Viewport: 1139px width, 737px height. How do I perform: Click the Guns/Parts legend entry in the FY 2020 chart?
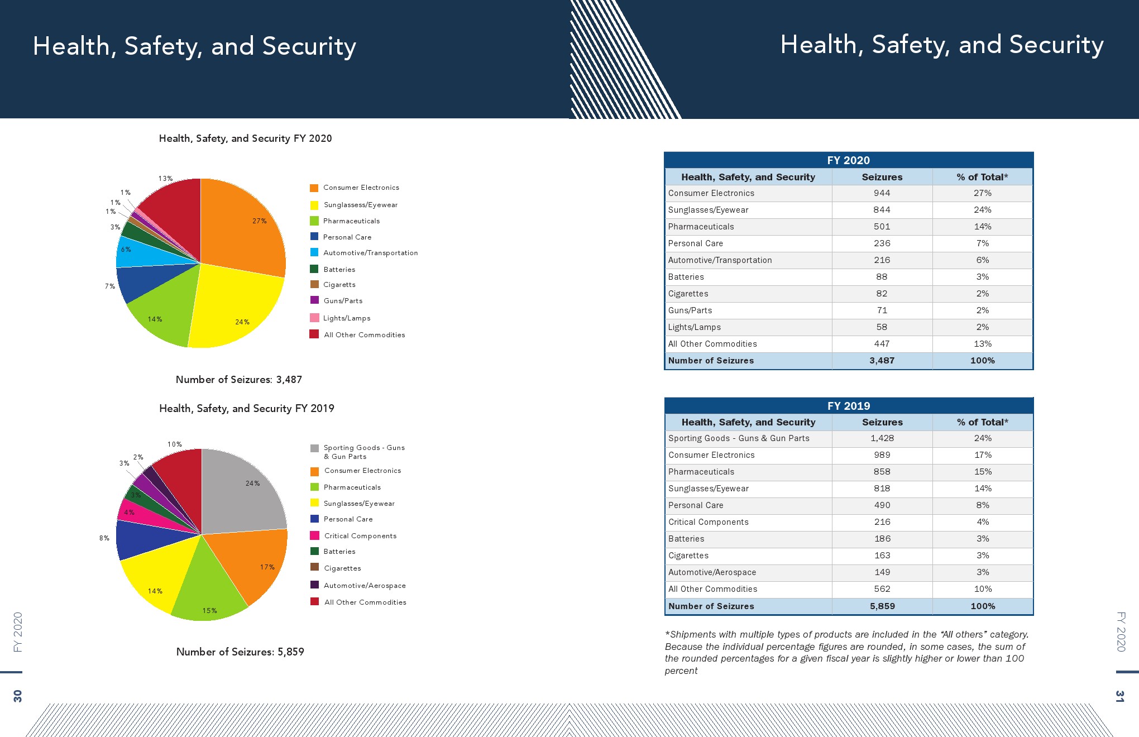[343, 301]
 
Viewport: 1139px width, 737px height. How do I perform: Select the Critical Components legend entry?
[360, 536]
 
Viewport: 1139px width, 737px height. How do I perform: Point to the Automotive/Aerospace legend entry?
[365, 586]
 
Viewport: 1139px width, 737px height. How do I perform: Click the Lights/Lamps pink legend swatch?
[314, 318]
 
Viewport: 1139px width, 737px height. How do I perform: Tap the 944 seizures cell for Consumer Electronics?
[882, 193]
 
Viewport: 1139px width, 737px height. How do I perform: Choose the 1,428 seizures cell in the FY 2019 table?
[882, 438]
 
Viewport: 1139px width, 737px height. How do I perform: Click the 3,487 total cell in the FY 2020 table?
[882, 361]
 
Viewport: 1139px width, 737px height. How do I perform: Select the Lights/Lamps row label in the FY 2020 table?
[694, 327]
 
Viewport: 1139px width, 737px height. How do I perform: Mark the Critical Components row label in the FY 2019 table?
[708, 522]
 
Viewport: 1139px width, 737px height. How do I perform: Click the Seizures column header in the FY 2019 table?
[882, 422]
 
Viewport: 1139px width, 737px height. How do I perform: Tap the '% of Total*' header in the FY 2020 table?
[982, 177]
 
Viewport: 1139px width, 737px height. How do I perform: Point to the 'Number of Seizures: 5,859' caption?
[240, 652]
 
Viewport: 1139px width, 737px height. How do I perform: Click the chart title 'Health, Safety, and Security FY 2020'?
[245, 138]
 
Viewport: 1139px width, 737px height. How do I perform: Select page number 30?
[18, 696]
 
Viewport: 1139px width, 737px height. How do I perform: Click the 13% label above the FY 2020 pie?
[165, 179]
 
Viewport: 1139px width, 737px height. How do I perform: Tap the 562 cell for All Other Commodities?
[882, 589]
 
